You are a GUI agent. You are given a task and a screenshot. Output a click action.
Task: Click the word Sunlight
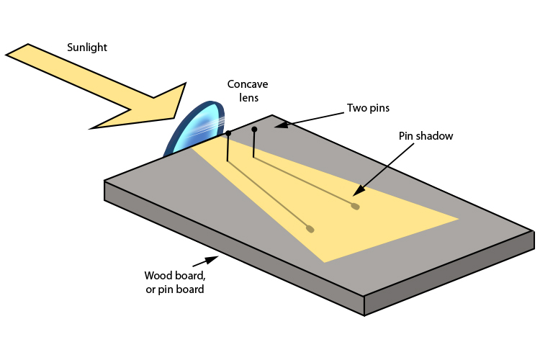87,48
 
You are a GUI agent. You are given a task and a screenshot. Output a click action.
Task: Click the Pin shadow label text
426,135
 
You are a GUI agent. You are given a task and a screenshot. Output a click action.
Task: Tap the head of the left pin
228,133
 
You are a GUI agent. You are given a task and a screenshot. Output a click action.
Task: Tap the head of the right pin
254,130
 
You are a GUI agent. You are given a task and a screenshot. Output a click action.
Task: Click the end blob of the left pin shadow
310,229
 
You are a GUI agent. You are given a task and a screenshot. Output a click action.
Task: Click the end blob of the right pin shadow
355,207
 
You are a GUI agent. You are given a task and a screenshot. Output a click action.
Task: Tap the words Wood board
174,276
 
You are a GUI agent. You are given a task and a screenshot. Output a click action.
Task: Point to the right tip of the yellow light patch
456,218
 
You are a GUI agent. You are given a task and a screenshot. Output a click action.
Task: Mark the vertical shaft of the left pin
228,148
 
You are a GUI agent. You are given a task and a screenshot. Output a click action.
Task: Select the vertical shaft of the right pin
254,144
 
